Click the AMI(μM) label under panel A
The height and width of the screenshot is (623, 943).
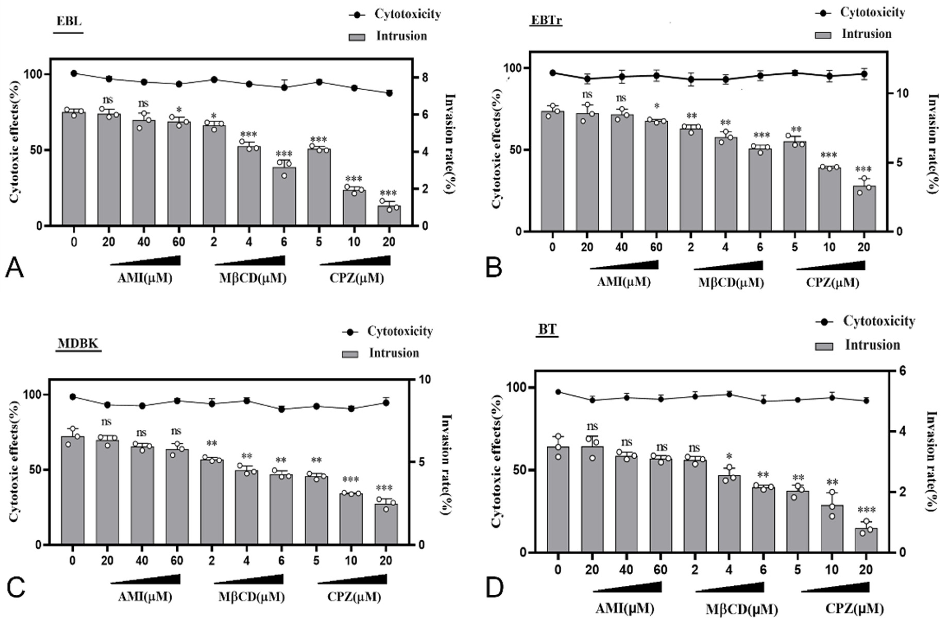click(145, 278)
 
